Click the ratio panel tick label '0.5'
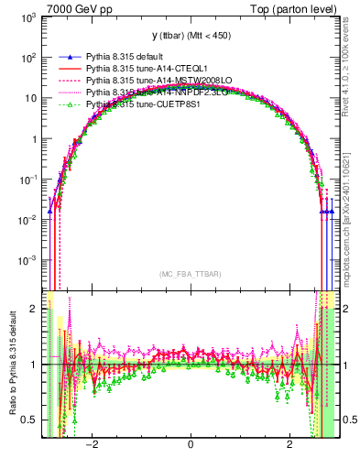click(x=29, y=420)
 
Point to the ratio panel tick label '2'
click(x=34, y=309)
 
